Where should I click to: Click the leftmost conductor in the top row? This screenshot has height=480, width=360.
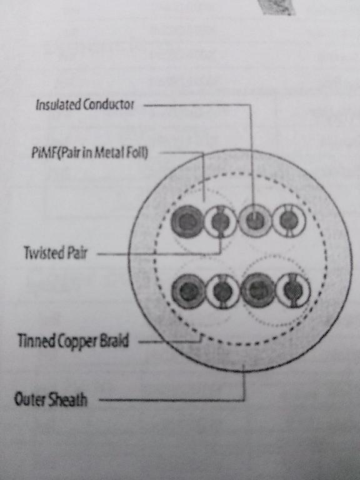click(186, 222)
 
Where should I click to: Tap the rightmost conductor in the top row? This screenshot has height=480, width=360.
click(289, 221)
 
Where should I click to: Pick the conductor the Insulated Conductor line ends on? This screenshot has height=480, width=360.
click(255, 221)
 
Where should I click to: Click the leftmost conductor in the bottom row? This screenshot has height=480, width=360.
click(188, 291)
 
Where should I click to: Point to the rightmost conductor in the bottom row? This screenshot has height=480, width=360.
click(293, 290)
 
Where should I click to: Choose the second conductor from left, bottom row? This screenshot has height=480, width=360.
click(222, 291)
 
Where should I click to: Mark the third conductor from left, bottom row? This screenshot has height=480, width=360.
click(258, 290)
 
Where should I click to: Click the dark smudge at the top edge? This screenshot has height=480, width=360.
click(277, 7)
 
